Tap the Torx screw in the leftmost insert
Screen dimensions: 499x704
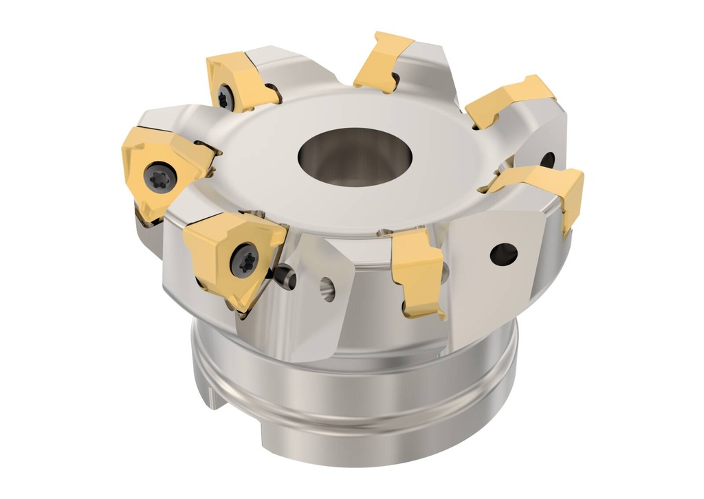tap(159, 177)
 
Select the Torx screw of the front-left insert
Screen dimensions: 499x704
tap(243, 260)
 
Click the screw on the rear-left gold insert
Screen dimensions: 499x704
tap(225, 98)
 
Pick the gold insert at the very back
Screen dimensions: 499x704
tap(382, 61)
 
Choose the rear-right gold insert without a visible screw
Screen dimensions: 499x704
tap(507, 100)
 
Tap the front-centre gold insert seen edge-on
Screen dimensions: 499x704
tap(417, 271)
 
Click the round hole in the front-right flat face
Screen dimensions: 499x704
tap(503, 254)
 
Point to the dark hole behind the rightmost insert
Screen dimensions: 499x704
tap(547, 161)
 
